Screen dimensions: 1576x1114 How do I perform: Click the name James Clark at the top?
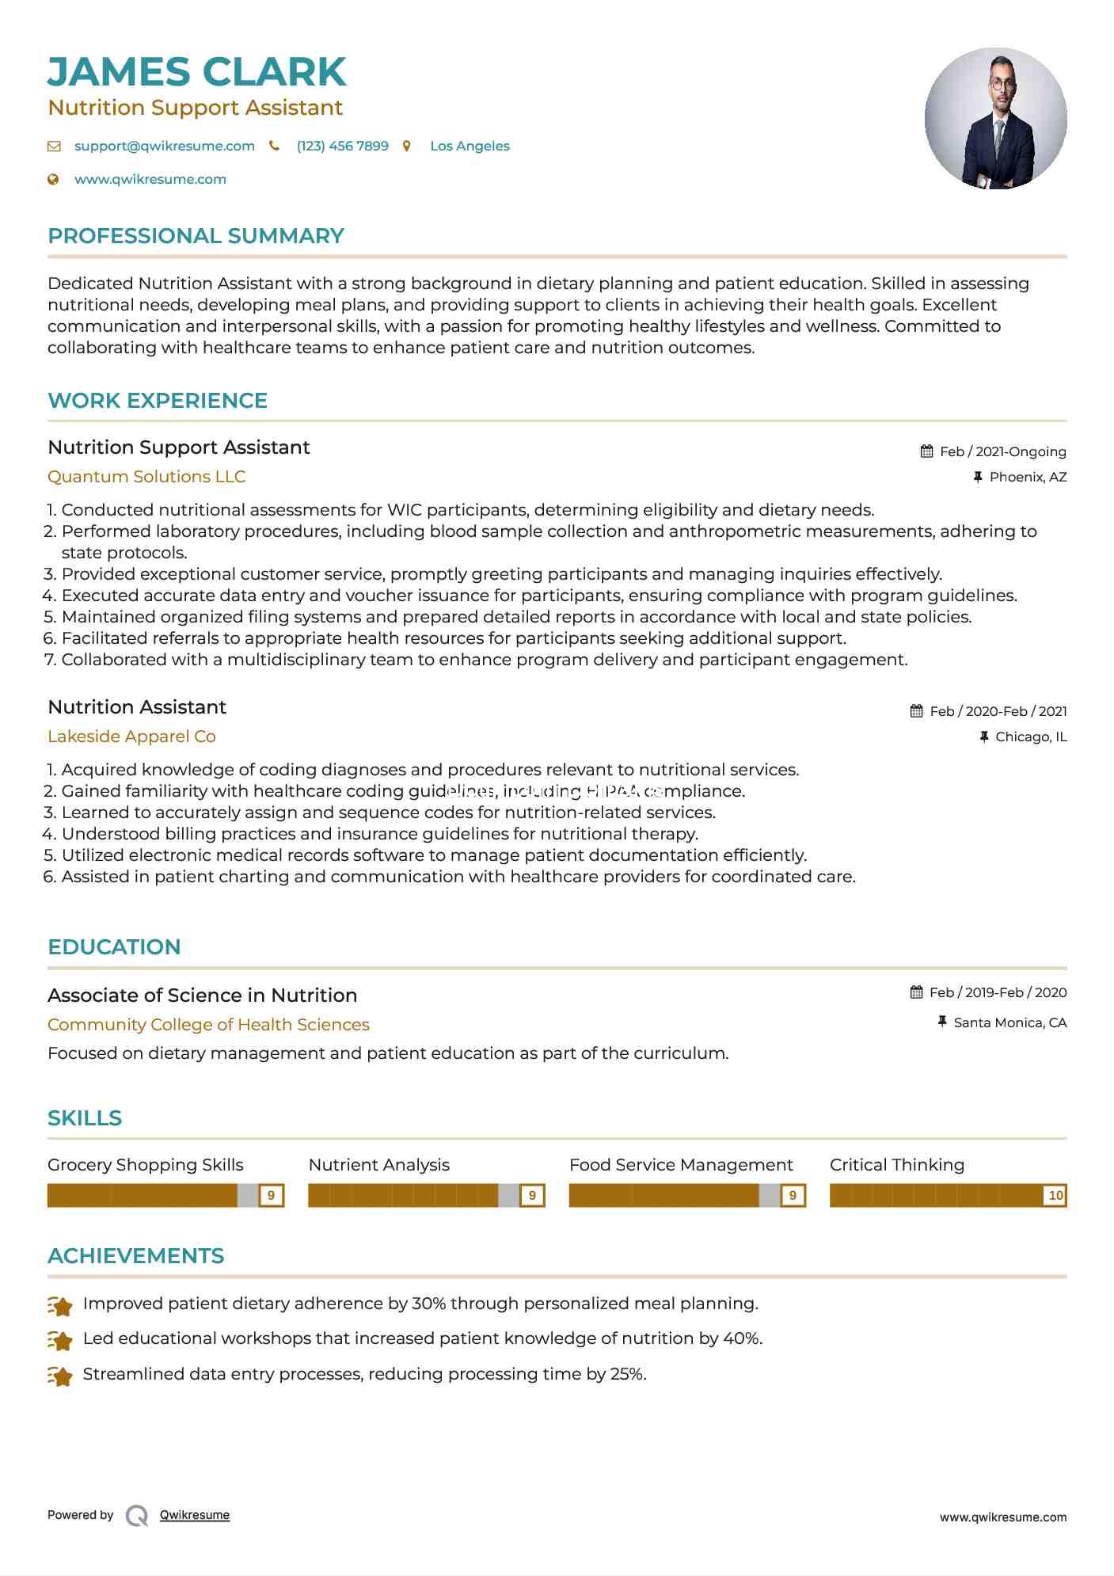(196, 71)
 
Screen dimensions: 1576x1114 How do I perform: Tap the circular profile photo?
(995, 118)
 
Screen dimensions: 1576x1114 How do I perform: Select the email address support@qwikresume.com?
(164, 146)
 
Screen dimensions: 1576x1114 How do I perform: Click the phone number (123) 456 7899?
(342, 146)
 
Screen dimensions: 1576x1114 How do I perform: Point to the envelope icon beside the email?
(54, 146)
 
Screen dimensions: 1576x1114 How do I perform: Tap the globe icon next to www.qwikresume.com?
(53, 179)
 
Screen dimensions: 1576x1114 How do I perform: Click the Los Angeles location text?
(470, 146)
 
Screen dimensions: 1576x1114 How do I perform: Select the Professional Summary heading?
(196, 236)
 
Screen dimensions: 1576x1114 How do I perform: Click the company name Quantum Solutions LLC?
(146, 477)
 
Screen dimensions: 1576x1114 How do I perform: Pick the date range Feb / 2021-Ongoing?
(1002, 451)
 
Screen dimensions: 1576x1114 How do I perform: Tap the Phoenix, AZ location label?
(1028, 477)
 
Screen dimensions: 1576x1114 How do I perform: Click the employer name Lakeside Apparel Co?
(131, 737)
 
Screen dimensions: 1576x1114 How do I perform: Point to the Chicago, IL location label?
(1031, 737)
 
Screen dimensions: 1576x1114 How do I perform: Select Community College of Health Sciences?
(208, 1025)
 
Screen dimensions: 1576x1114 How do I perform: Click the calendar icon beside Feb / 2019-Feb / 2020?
(916, 992)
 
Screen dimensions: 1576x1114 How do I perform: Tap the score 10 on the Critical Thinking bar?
(1055, 1195)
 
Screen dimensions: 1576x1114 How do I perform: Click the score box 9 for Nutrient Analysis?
(532, 1195)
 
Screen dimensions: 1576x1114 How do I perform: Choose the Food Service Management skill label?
(681, 1165)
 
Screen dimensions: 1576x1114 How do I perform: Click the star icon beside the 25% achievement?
(60, 1376)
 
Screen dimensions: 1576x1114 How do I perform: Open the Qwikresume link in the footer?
(195, 1515)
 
